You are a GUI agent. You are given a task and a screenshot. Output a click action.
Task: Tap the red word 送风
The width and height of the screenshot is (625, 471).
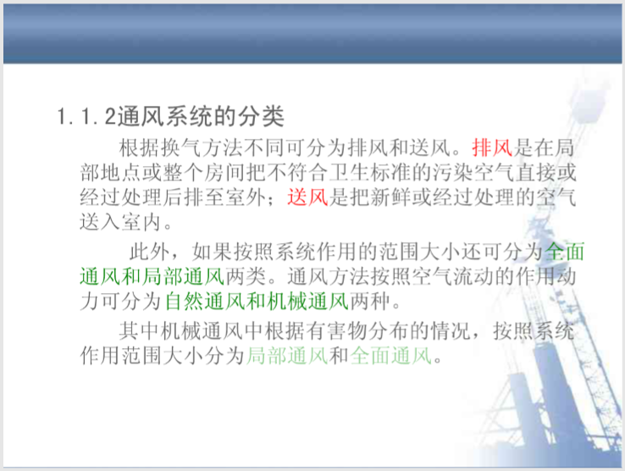[x=307, y=200]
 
